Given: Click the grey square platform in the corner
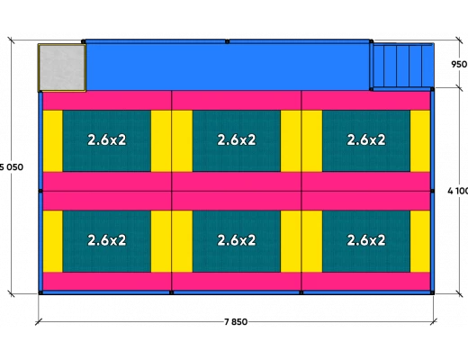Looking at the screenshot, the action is point(62,67).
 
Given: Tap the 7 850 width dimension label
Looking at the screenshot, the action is point(236,322).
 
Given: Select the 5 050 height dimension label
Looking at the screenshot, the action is point(12,167).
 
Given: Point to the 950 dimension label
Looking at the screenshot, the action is point(459,64).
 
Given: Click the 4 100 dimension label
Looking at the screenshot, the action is point(458,191).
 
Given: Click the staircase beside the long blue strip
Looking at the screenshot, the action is point(402,67).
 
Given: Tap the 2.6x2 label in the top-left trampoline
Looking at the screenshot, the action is point(107,139).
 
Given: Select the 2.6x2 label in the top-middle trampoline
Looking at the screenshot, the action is point(237,139).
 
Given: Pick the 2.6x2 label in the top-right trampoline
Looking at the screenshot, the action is point(366,139).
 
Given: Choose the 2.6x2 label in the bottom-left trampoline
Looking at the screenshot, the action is point(107,240).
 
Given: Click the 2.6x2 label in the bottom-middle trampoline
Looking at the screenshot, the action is point(237,240).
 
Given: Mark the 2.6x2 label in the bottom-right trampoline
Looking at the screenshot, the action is point(366,240).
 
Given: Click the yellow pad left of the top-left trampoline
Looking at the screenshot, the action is point(53,141).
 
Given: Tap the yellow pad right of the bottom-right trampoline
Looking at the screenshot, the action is point(420,241).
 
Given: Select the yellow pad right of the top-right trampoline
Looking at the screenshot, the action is point(420,141).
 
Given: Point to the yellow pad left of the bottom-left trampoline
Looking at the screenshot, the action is point(53,241).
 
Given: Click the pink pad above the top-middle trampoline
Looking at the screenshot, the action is point(237,101).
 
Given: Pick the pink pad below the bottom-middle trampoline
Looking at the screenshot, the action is point(237,282).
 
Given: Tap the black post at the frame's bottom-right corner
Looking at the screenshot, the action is point(432,292).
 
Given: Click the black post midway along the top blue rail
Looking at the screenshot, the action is point(227,41).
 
